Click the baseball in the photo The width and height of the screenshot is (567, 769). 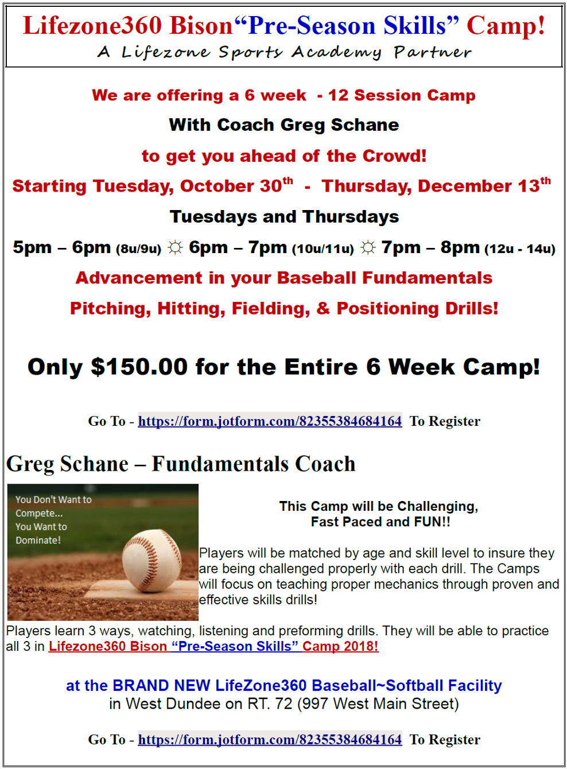tap(152, 561)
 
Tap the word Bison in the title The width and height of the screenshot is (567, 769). tap(201, 26)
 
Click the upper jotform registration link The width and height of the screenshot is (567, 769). tap(270, 421)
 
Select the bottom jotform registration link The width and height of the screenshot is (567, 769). tap(270, 740)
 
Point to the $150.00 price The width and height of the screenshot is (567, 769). tap(139, 367)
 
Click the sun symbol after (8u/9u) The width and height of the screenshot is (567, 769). tap(175, 247)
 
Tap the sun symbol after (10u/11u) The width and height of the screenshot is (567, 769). tap(368, 247)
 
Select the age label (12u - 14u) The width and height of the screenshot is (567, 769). tap(519, 248)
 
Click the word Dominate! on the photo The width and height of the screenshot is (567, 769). tap(38, 540)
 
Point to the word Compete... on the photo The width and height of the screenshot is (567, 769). tap(39, 513)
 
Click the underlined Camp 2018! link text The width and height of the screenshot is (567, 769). tap(340, 646)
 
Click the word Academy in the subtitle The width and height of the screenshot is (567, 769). tap(336, 53)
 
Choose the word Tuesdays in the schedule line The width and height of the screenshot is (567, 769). tap(213, 216)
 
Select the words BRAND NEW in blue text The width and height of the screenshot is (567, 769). tap(161, 685)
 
